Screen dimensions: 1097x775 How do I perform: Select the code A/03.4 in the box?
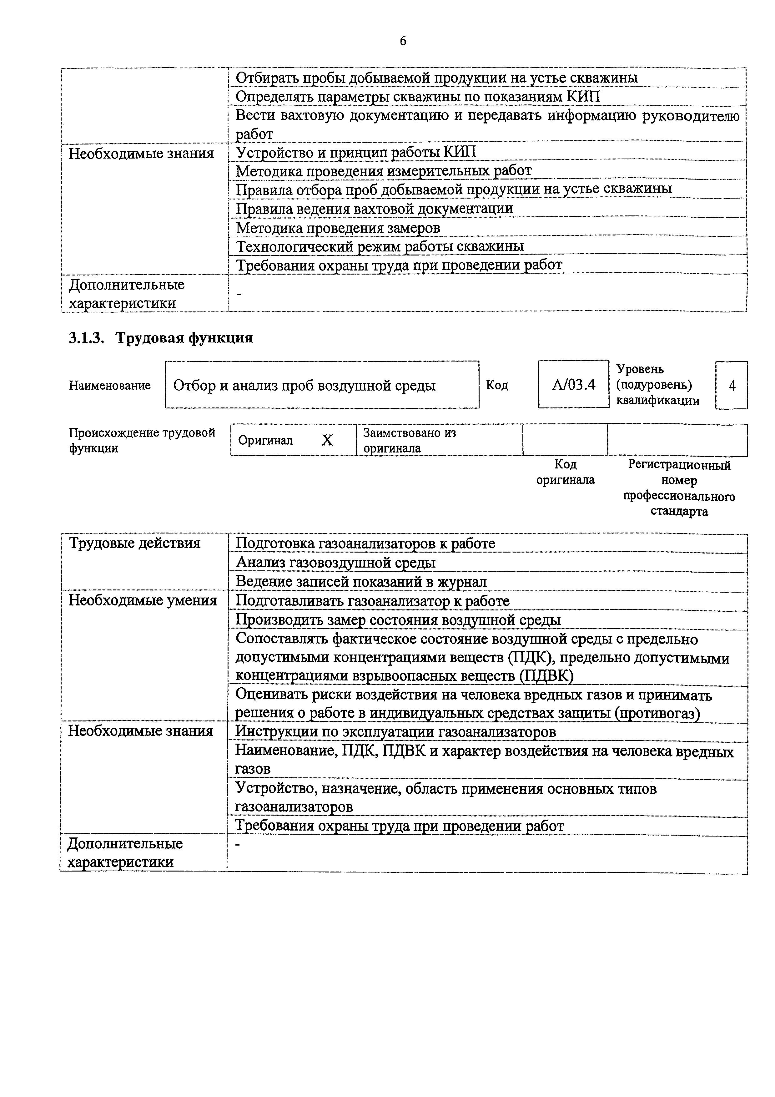point(573,385)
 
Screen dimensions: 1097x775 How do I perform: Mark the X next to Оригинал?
point(327,440)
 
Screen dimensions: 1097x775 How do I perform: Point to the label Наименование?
point(110,385)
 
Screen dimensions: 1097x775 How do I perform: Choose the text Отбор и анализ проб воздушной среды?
point(304,385)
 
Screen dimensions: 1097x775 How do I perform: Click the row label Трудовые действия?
point(135,543)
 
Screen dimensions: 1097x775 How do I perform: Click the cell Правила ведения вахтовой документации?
point(375,208)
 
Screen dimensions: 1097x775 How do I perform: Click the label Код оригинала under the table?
point(565,472)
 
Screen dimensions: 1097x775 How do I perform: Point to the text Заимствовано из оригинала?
point(409,440)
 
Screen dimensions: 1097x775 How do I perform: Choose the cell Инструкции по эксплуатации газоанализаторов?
point(396,732)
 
